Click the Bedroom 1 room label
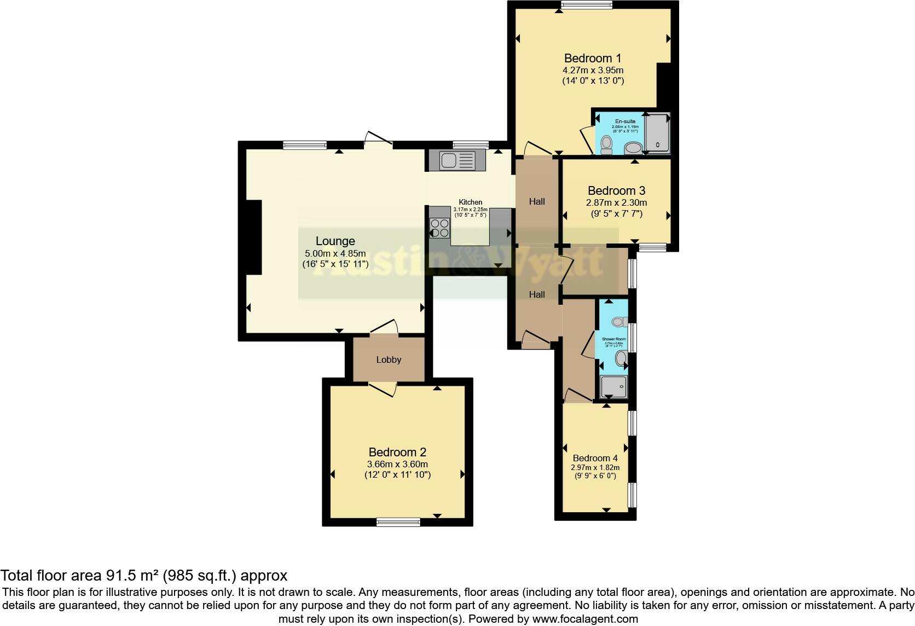click(593, 58)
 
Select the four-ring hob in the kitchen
click(439, 228)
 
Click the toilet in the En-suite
click(606, 145)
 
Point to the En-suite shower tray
click(657, 133)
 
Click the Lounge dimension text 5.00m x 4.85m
click(335, 253)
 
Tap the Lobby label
click(389, 360)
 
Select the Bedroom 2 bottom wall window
click(398, 523)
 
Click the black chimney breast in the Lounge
click(253, 237)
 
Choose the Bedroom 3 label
click(616, 190)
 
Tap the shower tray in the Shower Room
click(613, 387)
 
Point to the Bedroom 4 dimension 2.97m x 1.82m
click(595, 467)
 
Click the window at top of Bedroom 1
click(586, 5)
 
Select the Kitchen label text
click(470, 202)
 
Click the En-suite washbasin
click(633, 147)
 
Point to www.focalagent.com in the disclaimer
click(584, 619)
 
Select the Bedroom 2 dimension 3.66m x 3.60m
click(397, 464)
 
